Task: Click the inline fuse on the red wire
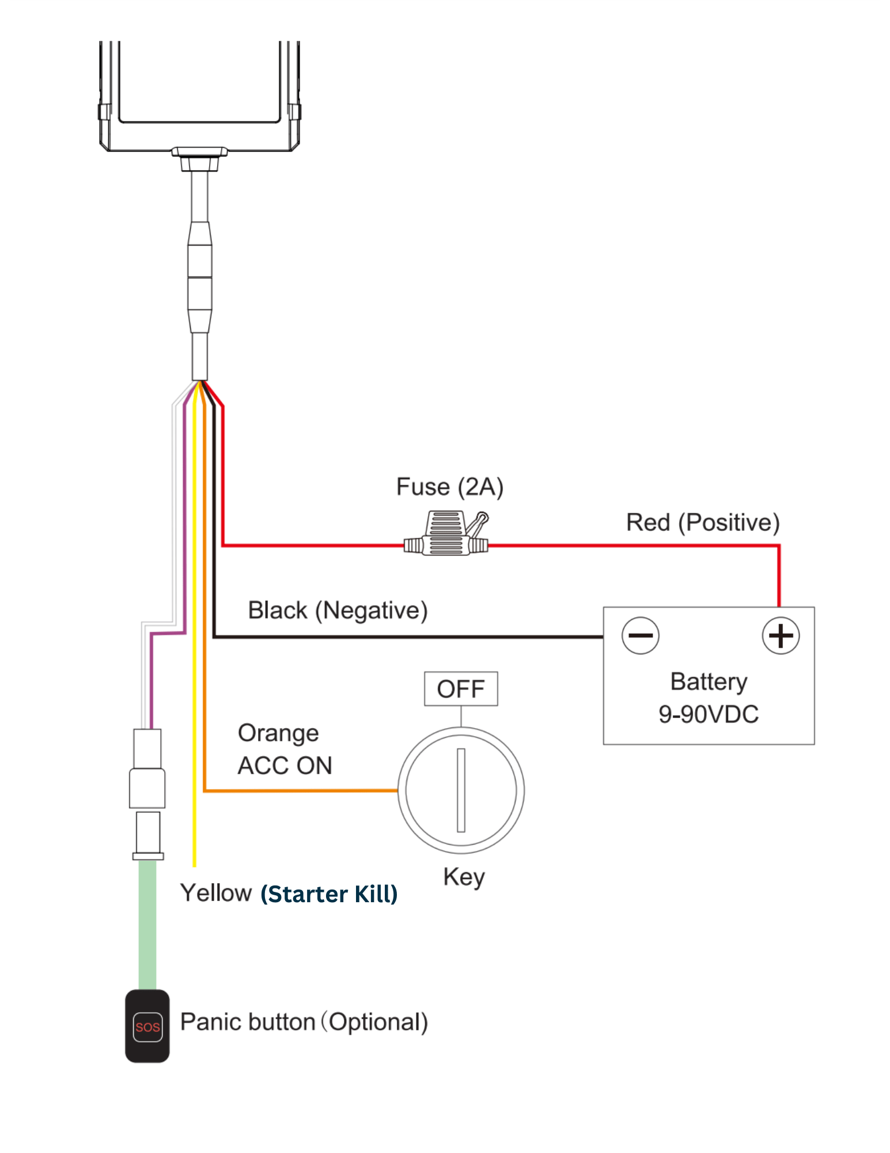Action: click(446, 534)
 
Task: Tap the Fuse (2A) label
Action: click(450, 487)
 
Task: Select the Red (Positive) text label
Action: click(703, 523)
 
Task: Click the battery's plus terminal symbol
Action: click(781, 636)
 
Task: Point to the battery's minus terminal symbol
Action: click(641, 635)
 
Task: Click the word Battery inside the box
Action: click(709, 682)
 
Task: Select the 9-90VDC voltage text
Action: click(709, 714)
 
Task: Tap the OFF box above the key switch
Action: click(461, 689)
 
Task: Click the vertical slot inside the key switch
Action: click(461, 790)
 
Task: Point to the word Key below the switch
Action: click(464, 877)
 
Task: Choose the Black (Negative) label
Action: click(338, 611)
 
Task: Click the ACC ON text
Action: click(285, 766)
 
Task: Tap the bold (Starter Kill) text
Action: click(329, 894)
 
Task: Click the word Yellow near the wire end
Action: click(216, 893)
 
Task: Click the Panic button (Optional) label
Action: click(304, 1022)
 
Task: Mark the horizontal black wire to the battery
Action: click(408, 637)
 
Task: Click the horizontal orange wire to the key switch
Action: click(301, 790)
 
